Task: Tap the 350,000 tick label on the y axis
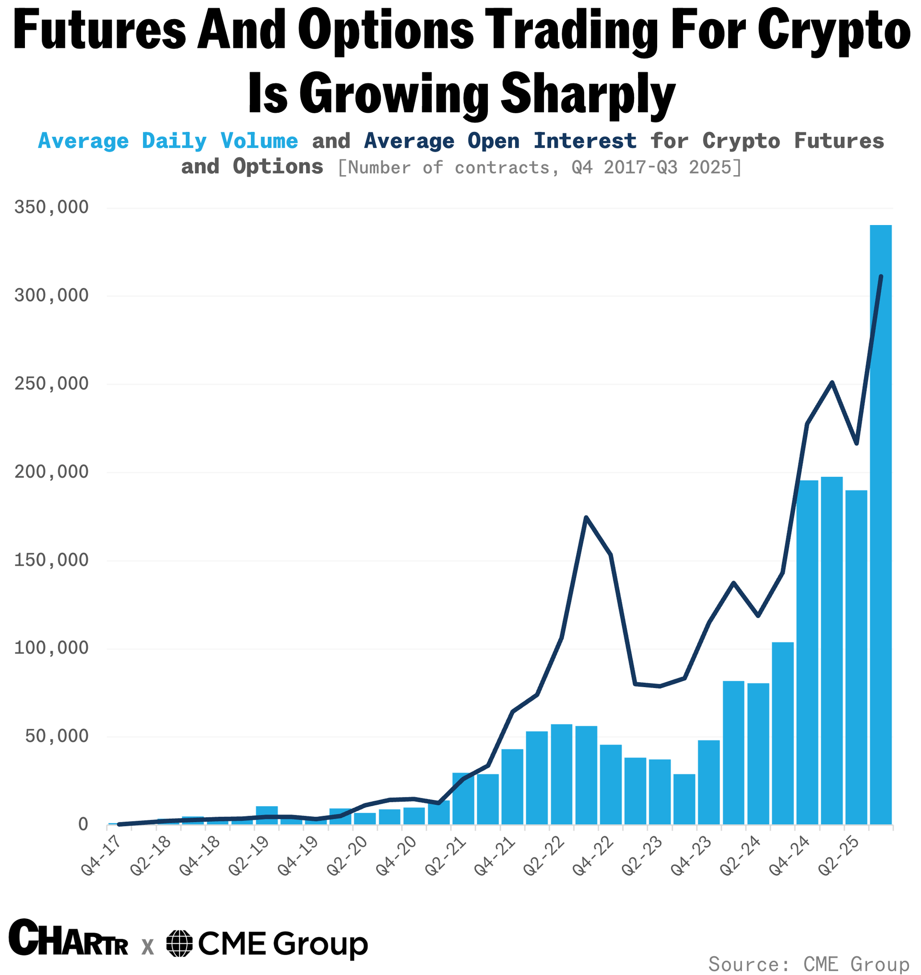coord(51,208)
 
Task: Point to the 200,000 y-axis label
coord(51,472)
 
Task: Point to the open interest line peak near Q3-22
coord(586,517)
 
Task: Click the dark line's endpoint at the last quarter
coord(881,276)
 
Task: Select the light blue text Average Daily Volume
coord(168,142)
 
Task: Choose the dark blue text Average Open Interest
coord(500,142)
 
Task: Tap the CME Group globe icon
coord(180,943)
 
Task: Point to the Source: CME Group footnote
coord(809,963)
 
